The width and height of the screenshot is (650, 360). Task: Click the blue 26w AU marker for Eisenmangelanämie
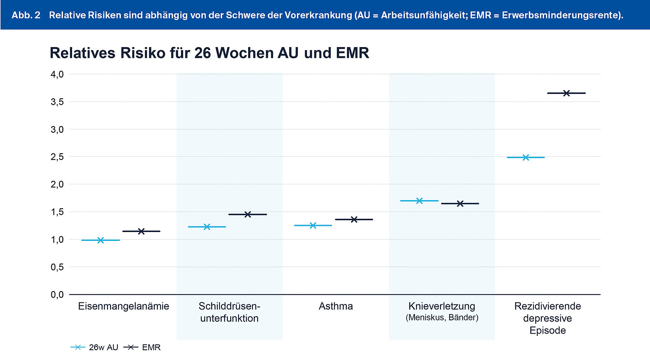point(101,240)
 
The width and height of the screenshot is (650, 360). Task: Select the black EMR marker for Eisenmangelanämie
point(142,231)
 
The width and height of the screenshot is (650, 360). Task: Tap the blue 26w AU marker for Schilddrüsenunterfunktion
point(207,227)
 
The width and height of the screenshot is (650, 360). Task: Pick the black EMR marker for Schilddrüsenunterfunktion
point(248,214)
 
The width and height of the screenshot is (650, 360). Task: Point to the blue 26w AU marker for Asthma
point(313,225)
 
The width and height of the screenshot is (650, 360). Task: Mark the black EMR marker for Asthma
point(354,219)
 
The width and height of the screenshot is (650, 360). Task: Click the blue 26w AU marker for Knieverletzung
point(419,200)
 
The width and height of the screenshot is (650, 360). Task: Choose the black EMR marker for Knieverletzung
point(460,204)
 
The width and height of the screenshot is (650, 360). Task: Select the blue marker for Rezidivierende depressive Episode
point(526,157)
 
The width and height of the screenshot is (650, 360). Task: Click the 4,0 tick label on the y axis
point(57,74)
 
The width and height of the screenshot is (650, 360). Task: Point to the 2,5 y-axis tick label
point(57,157)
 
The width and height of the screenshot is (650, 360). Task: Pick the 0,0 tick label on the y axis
point(57,295)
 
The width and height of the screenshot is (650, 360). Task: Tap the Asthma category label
point(335,306)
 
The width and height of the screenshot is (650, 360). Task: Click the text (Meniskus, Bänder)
point(442,318)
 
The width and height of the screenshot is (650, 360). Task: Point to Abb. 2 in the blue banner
point(26,15)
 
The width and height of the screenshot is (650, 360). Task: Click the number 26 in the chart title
point(202,53)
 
